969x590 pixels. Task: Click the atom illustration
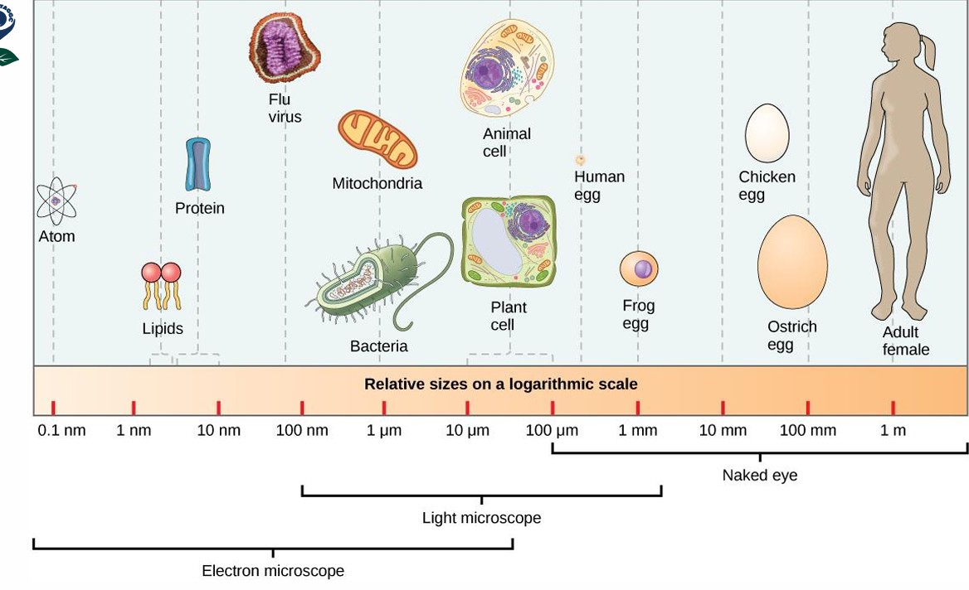[x=56, y=201]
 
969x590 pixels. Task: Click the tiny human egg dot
[x=581, y=160]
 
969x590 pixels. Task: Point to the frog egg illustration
[x=639, y=268]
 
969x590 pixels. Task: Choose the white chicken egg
[x=767, y=133]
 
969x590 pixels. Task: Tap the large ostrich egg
[x=792, y=262]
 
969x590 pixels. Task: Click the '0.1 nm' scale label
[x=62, y=431]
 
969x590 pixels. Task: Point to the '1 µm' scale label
[x=384, y=431]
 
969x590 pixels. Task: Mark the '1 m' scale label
[x=894, y=431]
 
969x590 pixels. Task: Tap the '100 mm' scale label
[x=808, y=431]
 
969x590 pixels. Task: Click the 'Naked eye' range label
[x=759, y=476]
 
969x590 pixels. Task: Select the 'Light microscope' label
[x=481, y=519]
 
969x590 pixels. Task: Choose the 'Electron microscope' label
[x=273, y=571]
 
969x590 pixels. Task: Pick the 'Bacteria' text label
[x=379, y=346]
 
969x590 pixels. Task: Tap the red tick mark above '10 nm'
[x=218, y=408]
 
